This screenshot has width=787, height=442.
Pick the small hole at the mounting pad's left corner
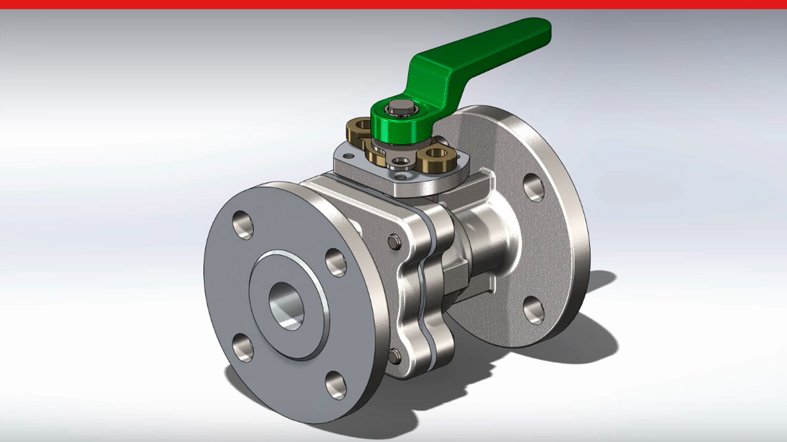(348, 156)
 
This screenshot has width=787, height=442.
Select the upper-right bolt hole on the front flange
(336, 263)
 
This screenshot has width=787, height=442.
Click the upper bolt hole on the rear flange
(534, 187)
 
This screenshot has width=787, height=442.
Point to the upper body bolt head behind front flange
(393, 241)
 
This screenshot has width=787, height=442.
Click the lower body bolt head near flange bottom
(393, 356)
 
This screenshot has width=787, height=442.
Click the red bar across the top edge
(393, 4)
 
